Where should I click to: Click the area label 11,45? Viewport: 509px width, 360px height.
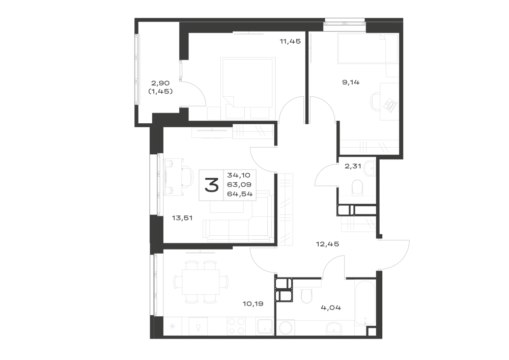click(x=290, y=41)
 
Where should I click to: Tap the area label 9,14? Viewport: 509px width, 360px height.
click(x=351, y=82)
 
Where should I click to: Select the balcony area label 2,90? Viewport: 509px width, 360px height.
click(x=160, y=83)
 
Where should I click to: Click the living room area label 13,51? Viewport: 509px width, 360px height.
click(x=182, y=218)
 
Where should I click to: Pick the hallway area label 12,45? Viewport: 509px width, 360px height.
click(x=327, y=244)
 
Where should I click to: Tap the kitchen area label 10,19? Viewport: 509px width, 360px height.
click(x=253, y=304)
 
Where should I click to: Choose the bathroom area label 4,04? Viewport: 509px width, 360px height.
click(x=331, y=308)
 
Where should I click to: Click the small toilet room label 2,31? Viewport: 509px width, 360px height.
click(x=353, y=166)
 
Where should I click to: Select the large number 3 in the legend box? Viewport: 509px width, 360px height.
click(x=211, y=185)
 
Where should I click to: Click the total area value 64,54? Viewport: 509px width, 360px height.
click(x=240, y=195)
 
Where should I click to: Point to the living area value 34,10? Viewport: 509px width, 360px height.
click(x=239, y=175)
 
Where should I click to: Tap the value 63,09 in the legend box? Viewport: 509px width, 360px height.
click(x=240, y=185)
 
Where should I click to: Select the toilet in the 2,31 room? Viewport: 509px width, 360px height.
click(x=357, y=187)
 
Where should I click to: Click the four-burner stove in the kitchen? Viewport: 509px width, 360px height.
click(x=237, y=325)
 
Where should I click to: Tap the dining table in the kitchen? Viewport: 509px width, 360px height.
click(x=201, y=282)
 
